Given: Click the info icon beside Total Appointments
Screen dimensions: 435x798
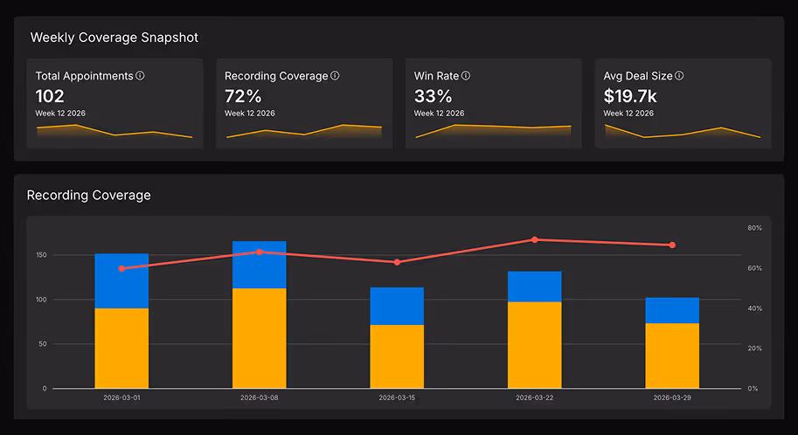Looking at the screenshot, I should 140,76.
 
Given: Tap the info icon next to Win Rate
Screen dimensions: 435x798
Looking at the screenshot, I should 466,76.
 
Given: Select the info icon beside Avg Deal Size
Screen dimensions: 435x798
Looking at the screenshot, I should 679,76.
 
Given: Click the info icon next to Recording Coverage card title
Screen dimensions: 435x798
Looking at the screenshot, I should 335,76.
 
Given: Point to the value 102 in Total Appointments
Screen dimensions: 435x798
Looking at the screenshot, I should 50,96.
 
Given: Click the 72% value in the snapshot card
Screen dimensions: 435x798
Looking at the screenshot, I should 243,96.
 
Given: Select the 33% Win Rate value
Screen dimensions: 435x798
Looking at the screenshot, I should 433,96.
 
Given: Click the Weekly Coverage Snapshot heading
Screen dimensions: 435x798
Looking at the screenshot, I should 114,38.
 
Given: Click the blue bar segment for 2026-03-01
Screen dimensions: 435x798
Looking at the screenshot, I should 121,280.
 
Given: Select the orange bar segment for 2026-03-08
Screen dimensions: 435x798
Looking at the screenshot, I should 259,338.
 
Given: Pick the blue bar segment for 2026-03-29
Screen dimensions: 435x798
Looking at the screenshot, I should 672,310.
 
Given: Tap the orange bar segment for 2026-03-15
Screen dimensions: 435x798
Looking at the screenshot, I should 397,356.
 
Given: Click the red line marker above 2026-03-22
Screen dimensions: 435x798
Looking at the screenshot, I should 534,239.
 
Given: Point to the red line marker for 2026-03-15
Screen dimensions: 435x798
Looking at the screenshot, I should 397,262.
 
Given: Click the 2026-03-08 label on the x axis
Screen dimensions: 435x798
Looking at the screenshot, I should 259,397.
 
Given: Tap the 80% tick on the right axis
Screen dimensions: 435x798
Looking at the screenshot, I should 754,228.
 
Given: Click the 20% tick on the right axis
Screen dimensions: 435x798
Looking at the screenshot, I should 754,348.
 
